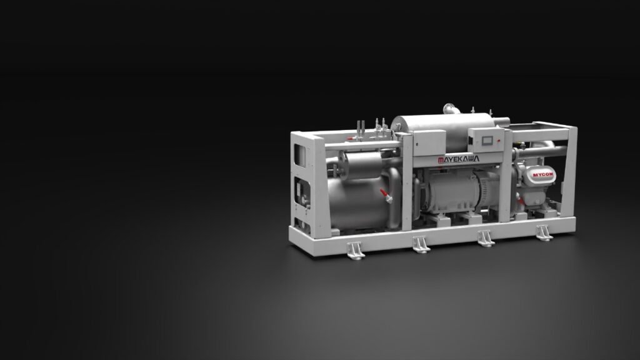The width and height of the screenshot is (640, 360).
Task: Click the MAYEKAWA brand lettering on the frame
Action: (x=458, y=159)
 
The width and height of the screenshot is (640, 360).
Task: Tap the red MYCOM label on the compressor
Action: (x=543, y=175)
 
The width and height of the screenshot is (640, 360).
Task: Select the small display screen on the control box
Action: (x=487, y=141)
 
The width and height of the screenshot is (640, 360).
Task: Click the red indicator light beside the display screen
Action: (x=499, y=141)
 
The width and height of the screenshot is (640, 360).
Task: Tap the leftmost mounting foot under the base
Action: (x=356, y=250)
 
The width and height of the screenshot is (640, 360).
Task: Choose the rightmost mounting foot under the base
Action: (x=544, y=232)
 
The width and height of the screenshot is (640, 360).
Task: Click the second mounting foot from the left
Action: (x=421, y=244)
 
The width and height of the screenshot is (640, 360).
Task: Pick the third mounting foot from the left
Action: (x=486, y=238)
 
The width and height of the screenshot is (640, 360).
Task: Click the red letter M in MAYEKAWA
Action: (x=441, y=160)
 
